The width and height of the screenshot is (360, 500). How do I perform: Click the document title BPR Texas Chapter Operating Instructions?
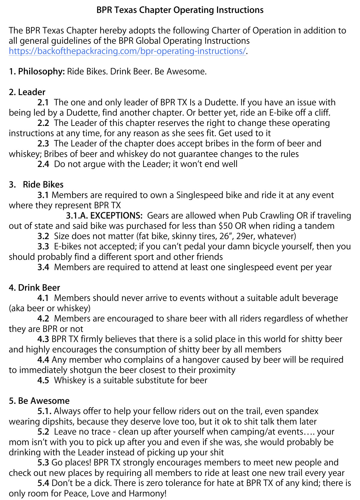click(x=180, y=10)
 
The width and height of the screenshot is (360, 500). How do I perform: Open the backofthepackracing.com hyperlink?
click(x=127, y=51)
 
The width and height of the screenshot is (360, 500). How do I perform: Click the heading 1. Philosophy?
click(x=37, y=71)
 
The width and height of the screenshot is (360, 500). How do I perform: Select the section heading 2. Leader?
click(x=27, y=92)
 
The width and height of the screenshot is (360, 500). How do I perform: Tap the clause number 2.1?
click(x=43, y=103)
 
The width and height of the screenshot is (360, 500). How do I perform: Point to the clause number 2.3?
click(x=43, y=144)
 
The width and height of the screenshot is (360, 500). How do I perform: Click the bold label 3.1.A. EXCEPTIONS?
click(x=104, y=216)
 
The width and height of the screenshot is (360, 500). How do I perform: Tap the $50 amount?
click(x=226, y=226)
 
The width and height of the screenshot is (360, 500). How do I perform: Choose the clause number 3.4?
click(x=43, y=267)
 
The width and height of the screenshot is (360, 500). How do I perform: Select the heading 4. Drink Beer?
click(x=34, y=287)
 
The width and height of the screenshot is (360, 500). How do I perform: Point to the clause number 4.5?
click(x=43, y=380)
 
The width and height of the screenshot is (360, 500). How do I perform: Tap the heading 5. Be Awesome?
click(x=39, y=401)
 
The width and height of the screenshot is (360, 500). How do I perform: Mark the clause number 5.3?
click(x=43, y=463)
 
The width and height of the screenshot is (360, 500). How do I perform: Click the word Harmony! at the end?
click(x=148, y=493)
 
